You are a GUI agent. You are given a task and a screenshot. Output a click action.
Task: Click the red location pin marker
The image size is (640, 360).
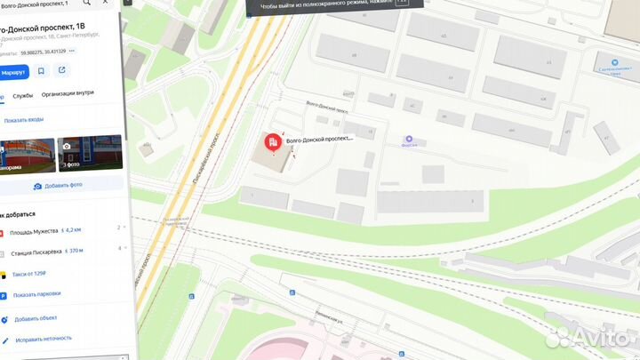272,141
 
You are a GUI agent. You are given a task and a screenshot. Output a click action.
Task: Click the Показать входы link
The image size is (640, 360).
24,120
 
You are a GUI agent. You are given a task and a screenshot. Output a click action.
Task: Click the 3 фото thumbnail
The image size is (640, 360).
89,153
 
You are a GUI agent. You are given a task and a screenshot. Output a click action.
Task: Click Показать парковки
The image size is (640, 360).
36,294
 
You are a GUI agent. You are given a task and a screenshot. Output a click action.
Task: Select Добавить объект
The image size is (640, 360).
36,318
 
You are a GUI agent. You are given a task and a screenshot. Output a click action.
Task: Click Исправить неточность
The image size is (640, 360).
41,340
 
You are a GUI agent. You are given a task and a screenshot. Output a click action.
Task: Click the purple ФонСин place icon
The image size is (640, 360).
409,139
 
